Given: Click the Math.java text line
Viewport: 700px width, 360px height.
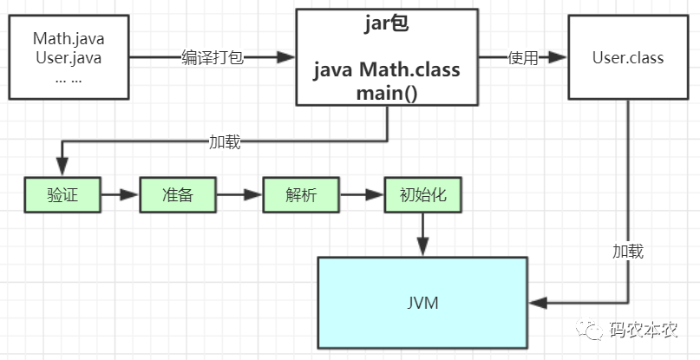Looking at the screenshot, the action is [x=69, y=38].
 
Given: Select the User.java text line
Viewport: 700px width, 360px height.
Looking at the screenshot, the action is [x=69, y=58].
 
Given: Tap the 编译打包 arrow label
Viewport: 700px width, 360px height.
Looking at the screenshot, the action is [x=213, y=57].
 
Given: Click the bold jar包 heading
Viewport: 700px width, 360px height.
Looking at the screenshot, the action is [x=387, y=24].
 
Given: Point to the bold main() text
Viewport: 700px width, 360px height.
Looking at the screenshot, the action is [x=387, y=94].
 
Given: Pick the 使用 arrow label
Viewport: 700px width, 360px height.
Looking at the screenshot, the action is [x=523, y=57].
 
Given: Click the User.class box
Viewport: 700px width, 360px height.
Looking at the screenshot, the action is [x=628, y=57].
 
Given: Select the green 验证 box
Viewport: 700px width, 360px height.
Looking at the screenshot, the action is [x=62, y=194].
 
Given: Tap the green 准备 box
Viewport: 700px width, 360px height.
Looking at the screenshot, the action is [x=178, y=194].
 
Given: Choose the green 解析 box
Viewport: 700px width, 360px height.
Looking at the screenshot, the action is [x=301, y=194].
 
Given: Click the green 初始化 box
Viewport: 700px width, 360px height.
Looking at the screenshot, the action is [x=422, y=194].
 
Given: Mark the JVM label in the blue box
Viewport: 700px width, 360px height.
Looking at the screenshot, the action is [x=422, y=303].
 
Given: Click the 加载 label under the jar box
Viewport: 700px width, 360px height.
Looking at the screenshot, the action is [x=225, y=142].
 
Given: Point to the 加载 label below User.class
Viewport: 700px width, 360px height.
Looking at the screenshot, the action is [x=628, y=252].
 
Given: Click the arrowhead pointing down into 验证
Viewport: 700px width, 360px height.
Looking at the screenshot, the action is [x=62, y=167].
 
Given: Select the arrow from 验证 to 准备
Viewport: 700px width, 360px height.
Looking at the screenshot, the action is [x=120, y=194].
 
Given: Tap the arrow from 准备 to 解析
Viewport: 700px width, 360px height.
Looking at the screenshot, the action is [x=239, y=194].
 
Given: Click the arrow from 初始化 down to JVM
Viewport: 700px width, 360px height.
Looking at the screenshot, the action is [x=422, y=234].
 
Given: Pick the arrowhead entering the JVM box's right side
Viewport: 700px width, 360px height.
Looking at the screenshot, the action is [x=538, y=303].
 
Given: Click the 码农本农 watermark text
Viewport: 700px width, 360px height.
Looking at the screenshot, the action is [x=644, y=330].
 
